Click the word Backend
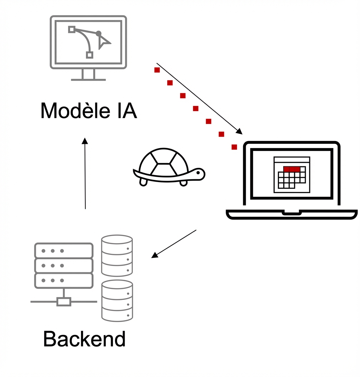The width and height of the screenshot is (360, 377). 84,339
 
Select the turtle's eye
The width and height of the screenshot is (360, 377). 198,173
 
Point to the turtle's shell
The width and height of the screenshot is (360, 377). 164,162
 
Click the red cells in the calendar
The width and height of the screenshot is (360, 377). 291,169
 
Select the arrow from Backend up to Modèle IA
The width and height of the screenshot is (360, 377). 85,174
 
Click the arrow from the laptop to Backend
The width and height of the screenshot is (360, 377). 174,244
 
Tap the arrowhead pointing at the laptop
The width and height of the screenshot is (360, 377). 239,132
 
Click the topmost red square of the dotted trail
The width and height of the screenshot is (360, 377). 157,70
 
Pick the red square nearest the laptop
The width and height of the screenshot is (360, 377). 234,147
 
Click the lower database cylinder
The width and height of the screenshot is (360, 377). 117,300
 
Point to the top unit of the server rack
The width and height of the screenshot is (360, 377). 64,251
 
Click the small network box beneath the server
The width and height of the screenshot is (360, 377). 64,302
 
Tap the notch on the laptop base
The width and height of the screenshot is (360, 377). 291,213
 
